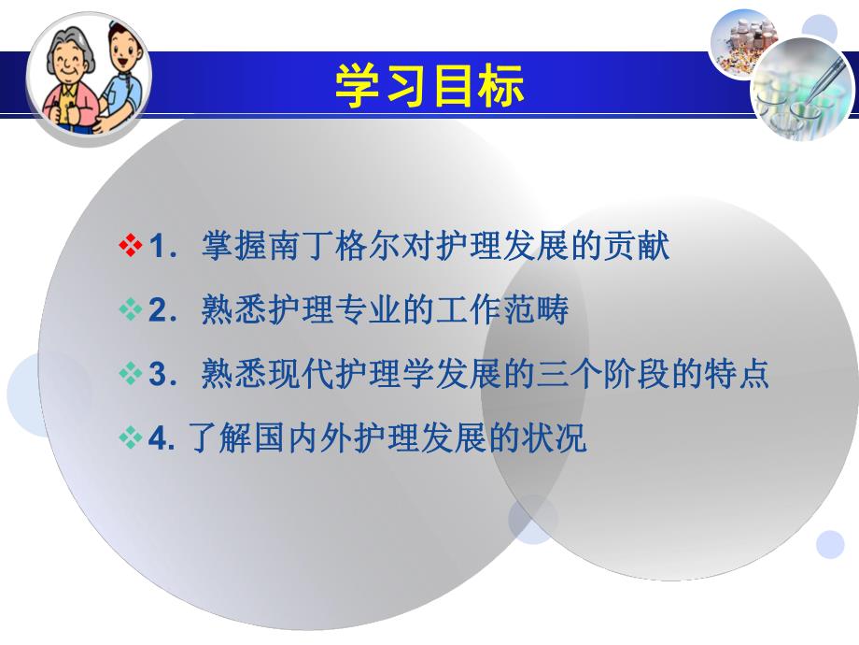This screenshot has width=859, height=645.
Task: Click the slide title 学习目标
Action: pyautogui.click(x=429, y=86)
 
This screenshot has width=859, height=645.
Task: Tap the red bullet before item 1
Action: pyautogui.click(x=131, y=247)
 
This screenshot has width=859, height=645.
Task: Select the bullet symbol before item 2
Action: pyautogui.click(x=131, y=310)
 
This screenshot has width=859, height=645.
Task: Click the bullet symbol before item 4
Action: pyautogui.click(x=131, y=437)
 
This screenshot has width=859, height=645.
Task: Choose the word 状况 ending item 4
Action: pyautogui.click(x=561, y=438)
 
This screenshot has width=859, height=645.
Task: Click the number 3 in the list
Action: pyautogui.click(x=157, y=375)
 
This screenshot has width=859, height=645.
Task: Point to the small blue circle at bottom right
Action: pyautogui.click(x=829, y=544)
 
